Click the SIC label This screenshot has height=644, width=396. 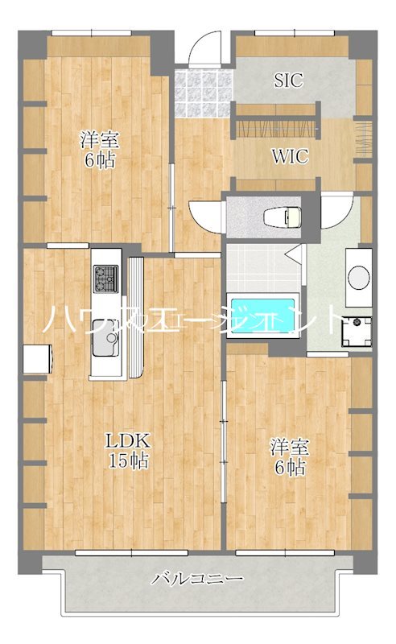pyautogui.click(x=289, y=80)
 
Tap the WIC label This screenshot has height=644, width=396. pyautogui.click(x=290, y=156)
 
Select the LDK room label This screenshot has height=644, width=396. pyautogui.click(x=128, y=440)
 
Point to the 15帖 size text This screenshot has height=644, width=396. pyautogui.click(x=128, y=460)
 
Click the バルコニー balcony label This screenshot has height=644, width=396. pyautogui.click(x=197, y=579)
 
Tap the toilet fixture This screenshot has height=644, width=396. pyautogui.click(x=283, y=217)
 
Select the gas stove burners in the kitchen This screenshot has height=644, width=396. pyautogui.click(x=105, y=279)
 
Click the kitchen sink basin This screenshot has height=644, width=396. pyautogui.click(x=105, y=338)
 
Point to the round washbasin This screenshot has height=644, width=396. pyautogui.click(x=359, y=276)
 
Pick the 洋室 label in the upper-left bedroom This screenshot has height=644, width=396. pyautogui.click(x=100, y=139)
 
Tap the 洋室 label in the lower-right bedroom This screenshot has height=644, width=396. pyautogui.click(x=290, y=448)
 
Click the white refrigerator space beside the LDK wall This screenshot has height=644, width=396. pyautogui.click(x=37, y=359)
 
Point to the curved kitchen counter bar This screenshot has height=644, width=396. pyautogui.click(x=136, y=317)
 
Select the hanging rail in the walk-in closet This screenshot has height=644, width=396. pyautogui.click(x=276, y=129)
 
